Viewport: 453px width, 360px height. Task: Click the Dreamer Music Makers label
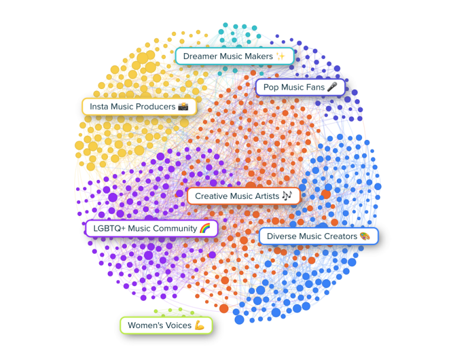(234, 56)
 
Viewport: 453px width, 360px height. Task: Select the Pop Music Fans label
(300, 87)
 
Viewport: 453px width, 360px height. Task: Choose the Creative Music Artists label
(244, 196)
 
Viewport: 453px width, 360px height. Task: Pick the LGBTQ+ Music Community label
(152, 228)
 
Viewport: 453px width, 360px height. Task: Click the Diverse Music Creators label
(319, 236)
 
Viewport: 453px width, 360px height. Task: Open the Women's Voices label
(166, 325)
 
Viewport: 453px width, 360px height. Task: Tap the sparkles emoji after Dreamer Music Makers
(281, 56)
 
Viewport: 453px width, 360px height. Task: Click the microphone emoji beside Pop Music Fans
(333, 87)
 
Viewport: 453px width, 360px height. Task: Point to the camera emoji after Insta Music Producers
(183, 107)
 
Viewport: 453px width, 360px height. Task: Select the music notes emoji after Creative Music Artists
(287, 196)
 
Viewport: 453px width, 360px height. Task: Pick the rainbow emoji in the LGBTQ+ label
(205, 228)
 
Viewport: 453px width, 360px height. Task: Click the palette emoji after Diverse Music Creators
(365, 236)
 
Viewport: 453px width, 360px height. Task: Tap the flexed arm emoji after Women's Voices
(199, 325)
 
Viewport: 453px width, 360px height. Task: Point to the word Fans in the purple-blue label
(313, 87)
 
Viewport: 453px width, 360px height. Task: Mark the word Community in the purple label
(175, 228)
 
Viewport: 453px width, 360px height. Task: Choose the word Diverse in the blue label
(282, 236)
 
